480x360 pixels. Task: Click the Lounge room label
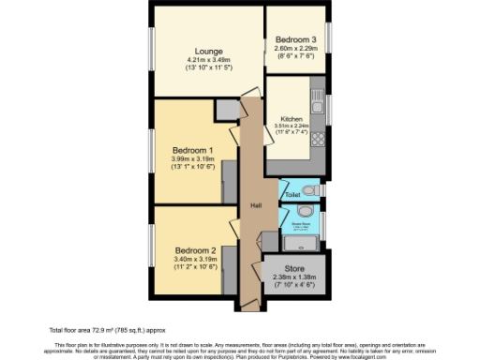pyautogui.click(x=207, y=51)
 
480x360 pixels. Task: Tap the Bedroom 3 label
pyautogui.click(x=295, y=39)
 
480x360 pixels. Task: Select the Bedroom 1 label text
pyautogui.click(x=192, y=150)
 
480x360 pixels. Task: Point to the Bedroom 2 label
pyautogui.click(x=195, y=250)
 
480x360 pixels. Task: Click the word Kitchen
pyautogui.click(x=291, y=119)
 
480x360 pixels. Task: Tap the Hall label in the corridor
pyautogui.click(x=254, y=205)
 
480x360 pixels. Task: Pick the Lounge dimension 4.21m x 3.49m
pyautogui.click(x=207, y=61)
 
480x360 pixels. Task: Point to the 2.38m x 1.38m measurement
pyautogui.click(x=293, y=277)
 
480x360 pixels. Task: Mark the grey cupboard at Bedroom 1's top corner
pyautogui.click(x=228, y=109)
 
